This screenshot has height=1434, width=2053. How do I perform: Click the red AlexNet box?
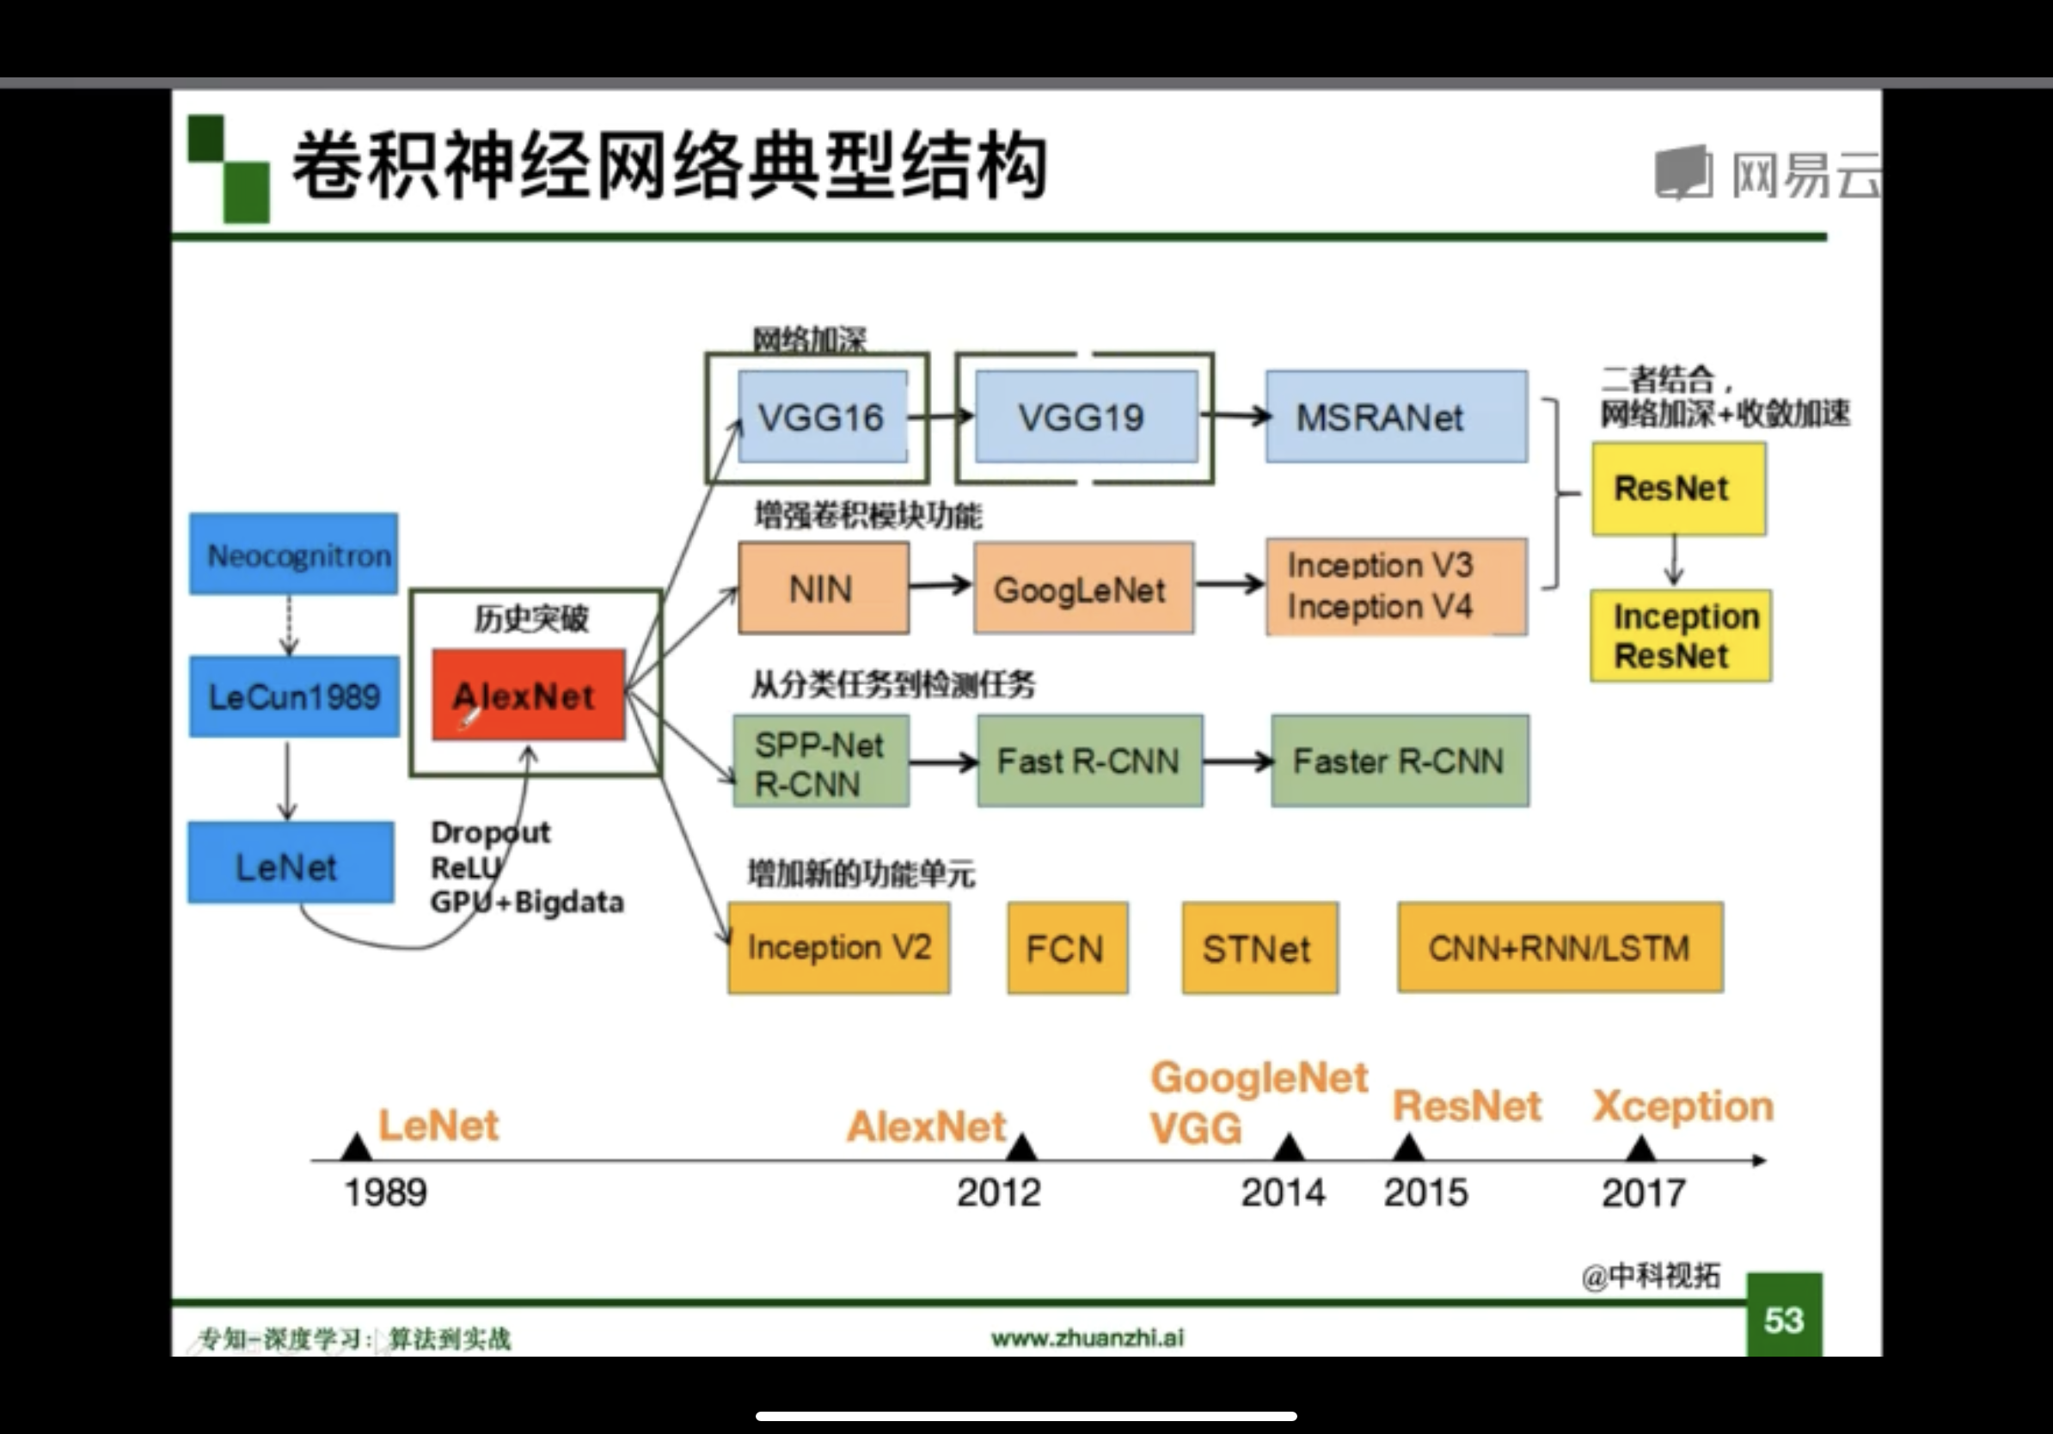coord(529,695)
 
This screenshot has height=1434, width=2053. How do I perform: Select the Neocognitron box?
coord(293,555)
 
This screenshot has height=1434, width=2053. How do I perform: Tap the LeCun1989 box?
coord(294,696)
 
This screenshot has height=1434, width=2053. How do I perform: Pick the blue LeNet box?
coord(291,864)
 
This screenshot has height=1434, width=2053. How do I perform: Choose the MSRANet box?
coord(1396,417)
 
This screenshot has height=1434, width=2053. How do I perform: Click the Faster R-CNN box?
coord(1400,761)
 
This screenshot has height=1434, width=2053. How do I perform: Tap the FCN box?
coord(1067,947)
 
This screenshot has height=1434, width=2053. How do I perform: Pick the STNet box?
coord(1259,947)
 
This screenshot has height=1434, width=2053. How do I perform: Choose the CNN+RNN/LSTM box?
coord(1560,947)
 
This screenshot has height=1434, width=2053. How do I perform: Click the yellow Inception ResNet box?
coord(1680,635)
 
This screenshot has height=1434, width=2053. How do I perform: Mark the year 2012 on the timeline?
coord(999,1192)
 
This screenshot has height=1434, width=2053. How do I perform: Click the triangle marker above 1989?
coord(357,1147)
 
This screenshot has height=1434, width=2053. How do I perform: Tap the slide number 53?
coord(1784,1320)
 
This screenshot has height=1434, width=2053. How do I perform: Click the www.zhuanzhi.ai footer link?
coord(1088,1338)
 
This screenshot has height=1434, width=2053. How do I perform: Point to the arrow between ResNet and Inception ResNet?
coord(1675,561)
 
